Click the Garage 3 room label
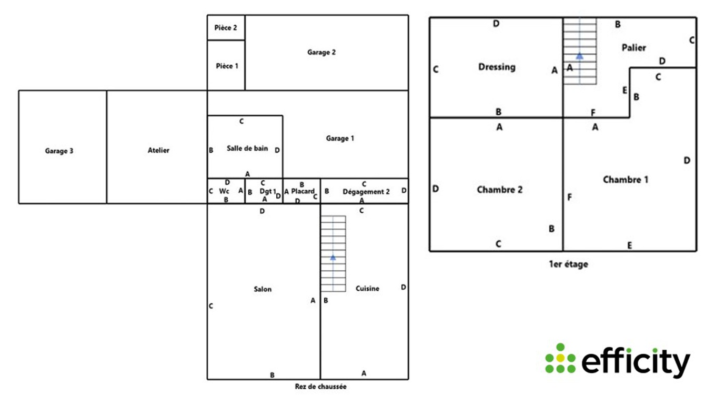click(x=59, y=151)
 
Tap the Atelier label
click(x=158, y=151)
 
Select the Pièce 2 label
click(x=226, y=27)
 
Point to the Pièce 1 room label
click(x=227, y=66)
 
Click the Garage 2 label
click(x=321, y=52)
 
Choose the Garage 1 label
click(x=340, y=139)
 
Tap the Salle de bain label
click(x=247, y=149)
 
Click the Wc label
click(x=225, y=191)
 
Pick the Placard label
click(x=303, y=192)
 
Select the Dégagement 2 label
click(x=366, y=192)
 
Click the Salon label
click(x=263, y=289)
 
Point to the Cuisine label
click(x=367, y=288)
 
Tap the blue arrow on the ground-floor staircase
click(x=333, y=257)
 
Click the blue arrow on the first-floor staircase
click(x=579, y=55)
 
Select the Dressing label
click(x=497, y=67)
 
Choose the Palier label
click(x=633, y=47)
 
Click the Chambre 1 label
click(x=625, y=180)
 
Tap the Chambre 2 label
click(x=499, y=189)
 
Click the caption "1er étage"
click(x=568, y=264)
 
